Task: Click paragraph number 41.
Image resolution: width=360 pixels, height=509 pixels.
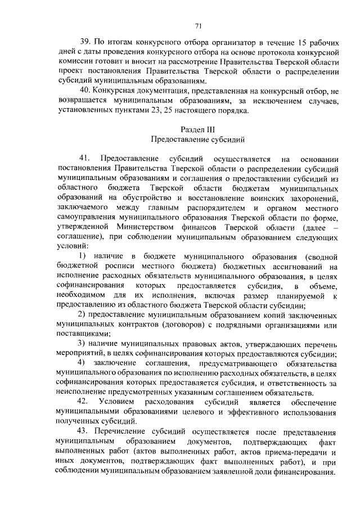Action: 87,159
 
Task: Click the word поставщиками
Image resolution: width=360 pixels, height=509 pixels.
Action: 84,334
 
